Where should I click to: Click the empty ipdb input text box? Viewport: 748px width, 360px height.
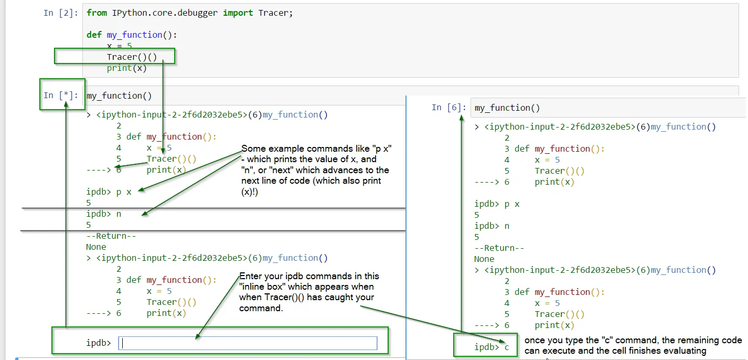248,343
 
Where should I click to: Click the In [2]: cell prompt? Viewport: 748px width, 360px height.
61,13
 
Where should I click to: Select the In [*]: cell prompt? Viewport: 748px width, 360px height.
61,95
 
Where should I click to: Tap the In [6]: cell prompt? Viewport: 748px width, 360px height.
449,108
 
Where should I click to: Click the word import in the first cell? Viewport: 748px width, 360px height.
238,13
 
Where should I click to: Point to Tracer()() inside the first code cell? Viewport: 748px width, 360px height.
132,57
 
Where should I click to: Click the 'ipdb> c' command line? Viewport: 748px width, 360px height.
491,347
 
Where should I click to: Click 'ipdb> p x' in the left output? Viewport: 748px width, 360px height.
109,192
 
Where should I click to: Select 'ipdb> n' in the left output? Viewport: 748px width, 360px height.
104,214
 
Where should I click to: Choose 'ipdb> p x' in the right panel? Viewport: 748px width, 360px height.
497,204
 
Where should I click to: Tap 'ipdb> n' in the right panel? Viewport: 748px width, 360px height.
492,226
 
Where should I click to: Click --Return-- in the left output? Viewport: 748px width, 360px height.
111,236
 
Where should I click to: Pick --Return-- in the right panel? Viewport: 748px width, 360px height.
499,248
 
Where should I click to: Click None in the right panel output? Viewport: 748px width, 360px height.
484,259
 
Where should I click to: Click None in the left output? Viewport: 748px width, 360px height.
96,247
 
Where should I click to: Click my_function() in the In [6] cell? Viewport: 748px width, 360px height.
507,108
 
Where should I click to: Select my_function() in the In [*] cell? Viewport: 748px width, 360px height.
119,96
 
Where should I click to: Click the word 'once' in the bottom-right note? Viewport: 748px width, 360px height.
535,341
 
